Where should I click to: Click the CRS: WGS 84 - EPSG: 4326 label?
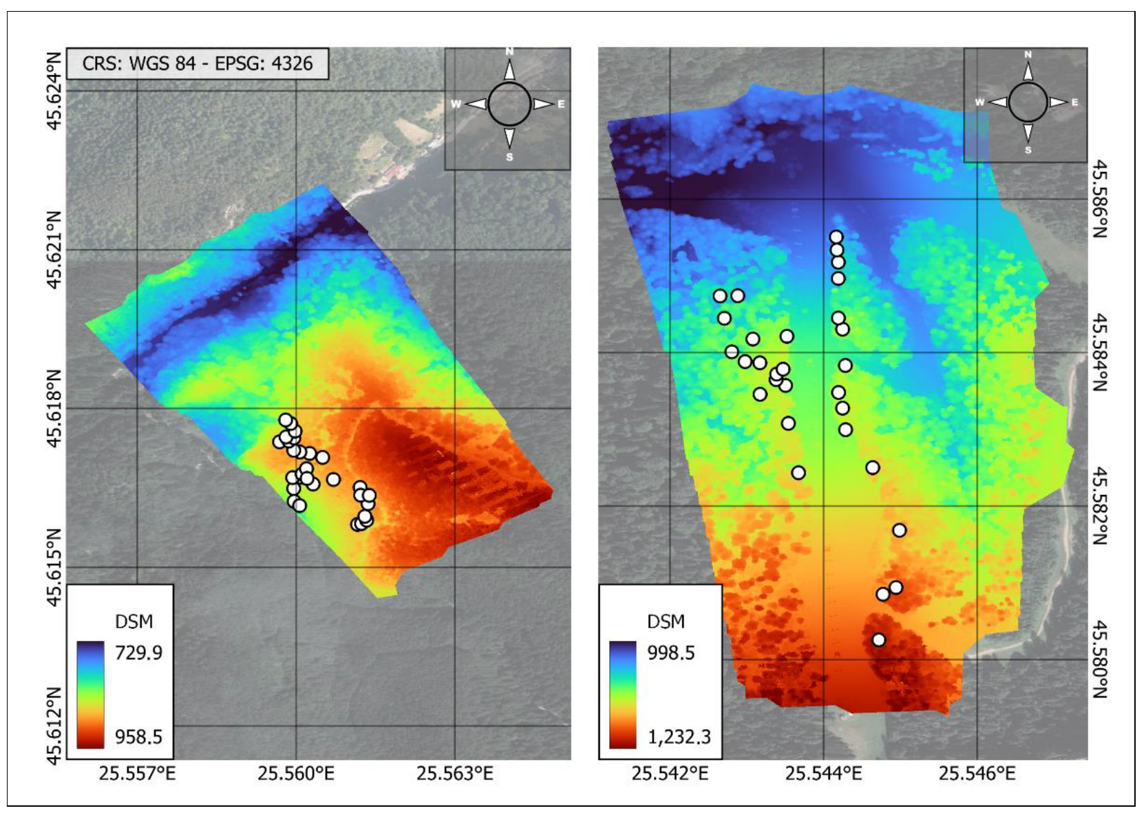[x=197, y=64]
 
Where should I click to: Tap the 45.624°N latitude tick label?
[x=54, y=90]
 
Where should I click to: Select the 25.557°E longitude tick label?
[x=137, y=774]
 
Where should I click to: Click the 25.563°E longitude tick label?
[x=455, y=774]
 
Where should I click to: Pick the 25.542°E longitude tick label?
[x=670, y=774]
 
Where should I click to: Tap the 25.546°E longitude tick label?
[x=977, y=774]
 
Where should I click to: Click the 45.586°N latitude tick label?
[x=1100, y=199]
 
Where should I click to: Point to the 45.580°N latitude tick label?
[x=1100, y=659]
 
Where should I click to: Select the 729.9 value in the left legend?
[x=138, y=653]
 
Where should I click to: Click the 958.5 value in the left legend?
[x=138, y=737]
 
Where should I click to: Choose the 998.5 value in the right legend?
[x=671, y=653]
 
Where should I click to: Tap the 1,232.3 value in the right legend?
[x=679, y=737]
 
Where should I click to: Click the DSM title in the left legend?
[x=134, y=622]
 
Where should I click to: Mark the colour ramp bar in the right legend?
[x=622, y=695]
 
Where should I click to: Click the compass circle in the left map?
[x=509, y=105]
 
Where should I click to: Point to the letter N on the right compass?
[x=1028, y=55]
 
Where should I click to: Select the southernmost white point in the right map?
[x=878, y=639]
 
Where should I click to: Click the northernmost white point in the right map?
[x=836, y=237]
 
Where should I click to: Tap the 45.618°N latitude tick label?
[x=54, y=408]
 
